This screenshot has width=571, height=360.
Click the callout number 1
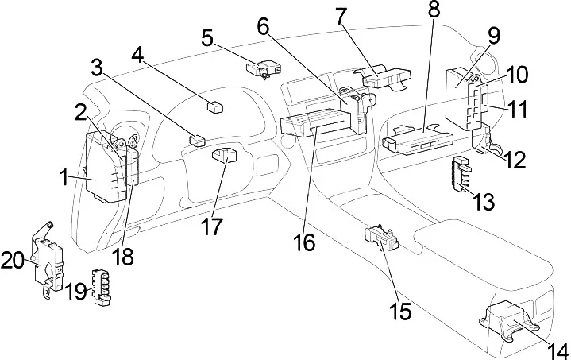point(65,178)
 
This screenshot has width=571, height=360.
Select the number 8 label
point(434,10)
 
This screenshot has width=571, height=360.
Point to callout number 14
point(557,351)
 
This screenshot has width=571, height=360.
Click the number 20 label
point(12,261)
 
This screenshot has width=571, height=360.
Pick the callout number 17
point(211,226)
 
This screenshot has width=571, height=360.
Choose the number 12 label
point(515,160)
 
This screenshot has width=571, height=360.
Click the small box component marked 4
point(215,108)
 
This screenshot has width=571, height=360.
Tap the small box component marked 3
point(197,140)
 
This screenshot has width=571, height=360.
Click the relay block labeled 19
point(102,286)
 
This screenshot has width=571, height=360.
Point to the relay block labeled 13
point(461,172)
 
